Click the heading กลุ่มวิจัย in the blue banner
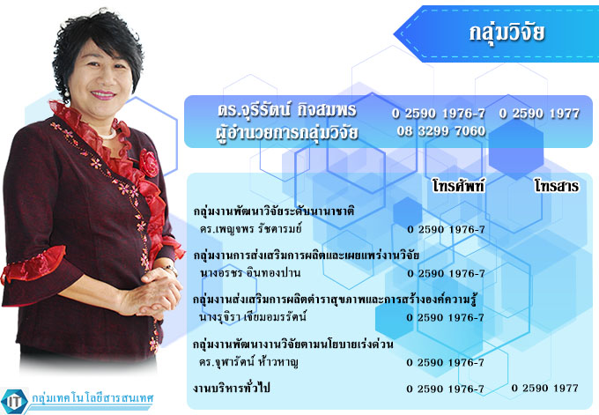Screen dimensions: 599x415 507,33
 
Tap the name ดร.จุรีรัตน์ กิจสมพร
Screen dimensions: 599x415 287,110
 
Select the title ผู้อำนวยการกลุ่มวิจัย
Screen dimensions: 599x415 287,132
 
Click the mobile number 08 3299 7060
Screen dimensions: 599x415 440,131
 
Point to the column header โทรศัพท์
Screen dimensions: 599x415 458,186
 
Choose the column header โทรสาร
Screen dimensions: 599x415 557,186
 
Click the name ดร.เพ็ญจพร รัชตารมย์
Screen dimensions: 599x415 250,229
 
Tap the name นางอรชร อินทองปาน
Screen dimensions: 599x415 250,273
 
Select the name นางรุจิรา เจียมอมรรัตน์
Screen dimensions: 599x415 253,317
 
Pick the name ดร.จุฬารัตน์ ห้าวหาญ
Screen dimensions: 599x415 248,362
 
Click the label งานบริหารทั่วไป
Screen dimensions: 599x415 231,389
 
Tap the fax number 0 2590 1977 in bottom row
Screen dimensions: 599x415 544,389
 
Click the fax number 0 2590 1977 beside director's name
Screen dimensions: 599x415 539,114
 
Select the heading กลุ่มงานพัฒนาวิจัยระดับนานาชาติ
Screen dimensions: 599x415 274,211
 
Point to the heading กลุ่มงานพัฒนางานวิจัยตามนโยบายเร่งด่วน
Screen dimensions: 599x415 293,344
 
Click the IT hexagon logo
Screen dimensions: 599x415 14,401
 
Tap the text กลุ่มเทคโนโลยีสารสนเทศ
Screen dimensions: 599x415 92,398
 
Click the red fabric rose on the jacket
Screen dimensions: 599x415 149,162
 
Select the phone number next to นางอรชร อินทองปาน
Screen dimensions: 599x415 446,274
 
